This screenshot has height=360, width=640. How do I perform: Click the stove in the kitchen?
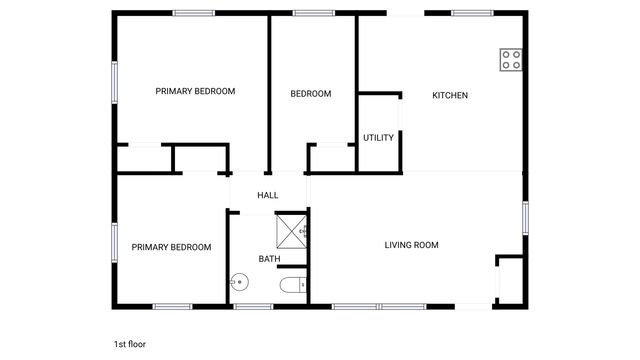click(x=511, y=59)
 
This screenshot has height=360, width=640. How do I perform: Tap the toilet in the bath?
click(x=292, y=286)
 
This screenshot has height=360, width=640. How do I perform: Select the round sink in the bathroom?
click(x=239, y=283)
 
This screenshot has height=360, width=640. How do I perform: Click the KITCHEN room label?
click(x=450, y=96)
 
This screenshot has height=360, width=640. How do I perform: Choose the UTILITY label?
click(x=378, y=138)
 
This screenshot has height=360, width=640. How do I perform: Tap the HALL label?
click(x=268, y=196)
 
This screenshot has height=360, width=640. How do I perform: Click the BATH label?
click(x=270, y=259)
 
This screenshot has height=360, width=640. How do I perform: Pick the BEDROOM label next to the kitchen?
click(x=311, y=94)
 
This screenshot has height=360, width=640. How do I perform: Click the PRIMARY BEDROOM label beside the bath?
click(x=172, y=247)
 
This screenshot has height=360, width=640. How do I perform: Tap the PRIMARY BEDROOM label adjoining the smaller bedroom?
click(x=196, y=91)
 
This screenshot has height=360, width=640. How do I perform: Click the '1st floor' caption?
click(x=130, y=344)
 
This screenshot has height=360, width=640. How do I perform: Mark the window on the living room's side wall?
click(x=524, y=217)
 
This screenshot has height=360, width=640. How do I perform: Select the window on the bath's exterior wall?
click(x=254, y=306)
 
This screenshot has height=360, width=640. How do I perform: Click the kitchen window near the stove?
click(x=472, y=13)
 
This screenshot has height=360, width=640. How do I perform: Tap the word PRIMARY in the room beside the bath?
click(x=150, y=247)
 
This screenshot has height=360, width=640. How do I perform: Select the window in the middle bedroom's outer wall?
click(x=313, y=13)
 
